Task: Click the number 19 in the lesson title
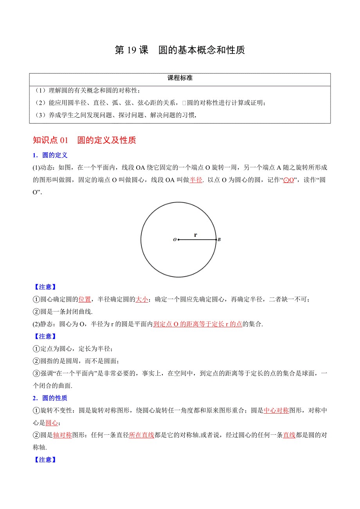tap(131, 50)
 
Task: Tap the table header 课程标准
tap(180, 78)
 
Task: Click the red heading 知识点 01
tap(51, 140)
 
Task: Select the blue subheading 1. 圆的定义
tap(50, 155)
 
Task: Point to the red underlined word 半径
tap(196, 180)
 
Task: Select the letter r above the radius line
tap(195, 235)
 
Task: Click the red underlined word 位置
tap(85, 299)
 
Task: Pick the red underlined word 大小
tap(142, 299)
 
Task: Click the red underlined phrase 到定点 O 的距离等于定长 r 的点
tap(198, 324)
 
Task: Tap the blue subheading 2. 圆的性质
tap(50, 398)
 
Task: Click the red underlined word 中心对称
tap(276, 410)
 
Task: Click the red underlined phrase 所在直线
tap(141, 435)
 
